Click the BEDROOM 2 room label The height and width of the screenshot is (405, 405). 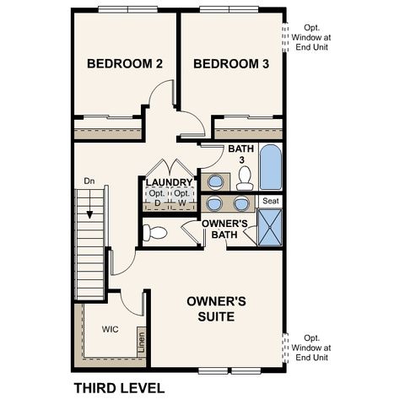click(125, 64)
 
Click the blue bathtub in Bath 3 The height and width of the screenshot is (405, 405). click(272, 169)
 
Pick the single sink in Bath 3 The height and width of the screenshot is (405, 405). click(216, 181)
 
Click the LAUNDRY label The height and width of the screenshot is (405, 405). click(169, 182)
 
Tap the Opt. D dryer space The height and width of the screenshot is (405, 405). click(156, 199)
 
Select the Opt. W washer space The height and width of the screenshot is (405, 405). click(181, 199)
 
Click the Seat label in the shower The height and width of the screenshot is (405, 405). click(270, 201)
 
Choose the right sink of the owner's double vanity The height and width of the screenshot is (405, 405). click(242, 203)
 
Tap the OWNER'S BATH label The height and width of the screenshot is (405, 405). click(224, 229)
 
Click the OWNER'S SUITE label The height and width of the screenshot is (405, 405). click(216, 308)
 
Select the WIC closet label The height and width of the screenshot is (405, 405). click(111, 329)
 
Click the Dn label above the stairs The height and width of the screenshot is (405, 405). click(89, 181)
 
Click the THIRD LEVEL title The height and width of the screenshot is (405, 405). click(118, 389)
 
